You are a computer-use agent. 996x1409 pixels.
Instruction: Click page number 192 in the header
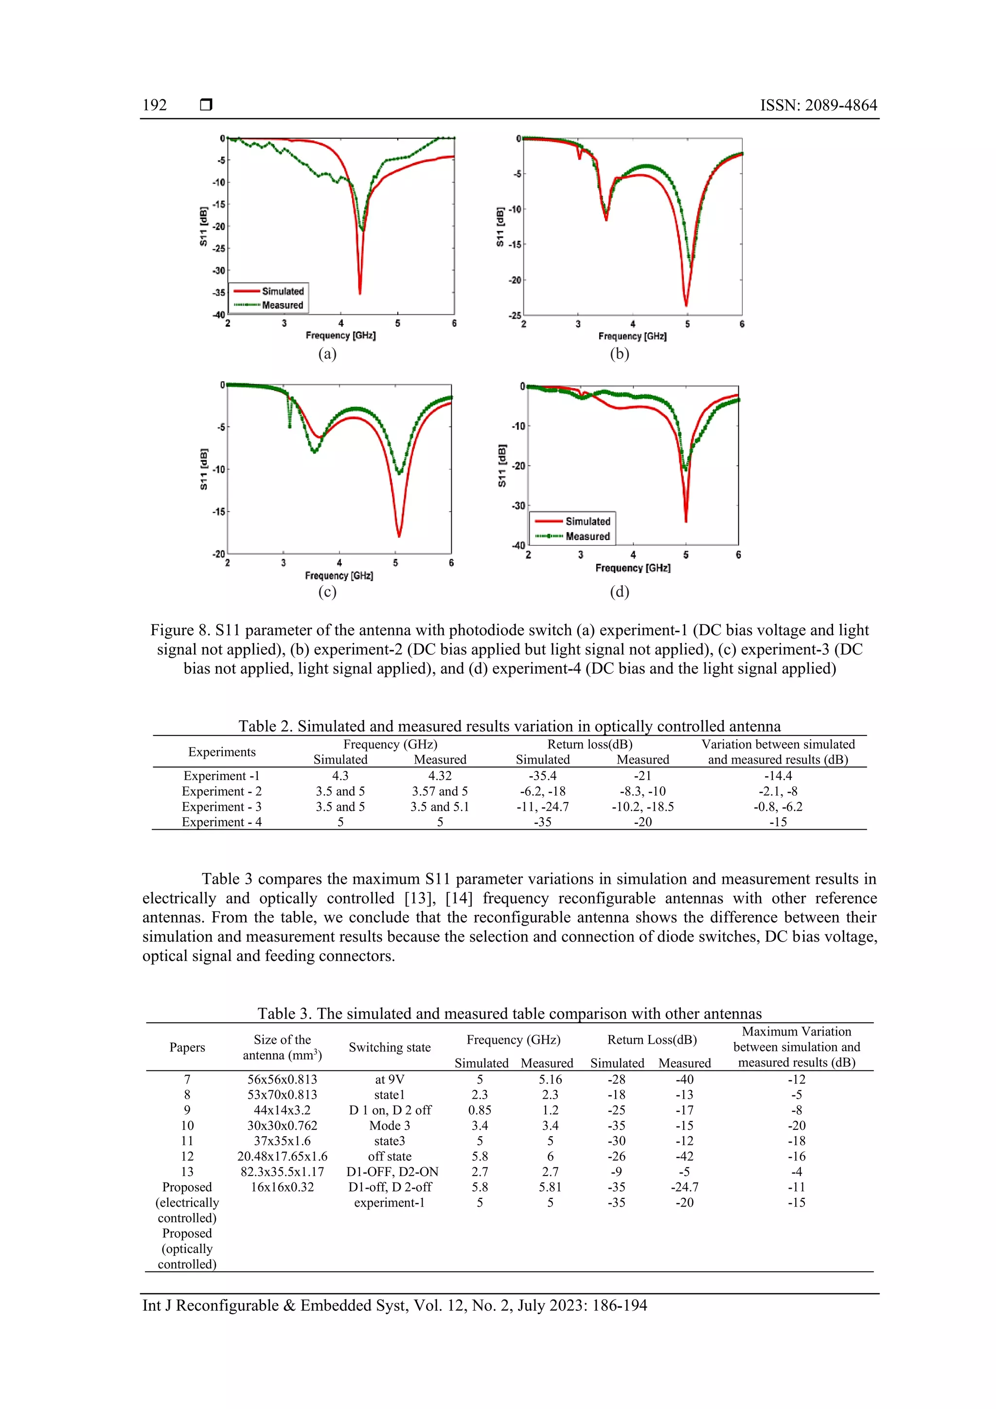155,105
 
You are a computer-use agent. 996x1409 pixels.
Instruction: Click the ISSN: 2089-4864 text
818,105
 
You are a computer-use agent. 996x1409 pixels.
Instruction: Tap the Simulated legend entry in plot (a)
282,291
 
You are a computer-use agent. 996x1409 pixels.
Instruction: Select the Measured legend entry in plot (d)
587,536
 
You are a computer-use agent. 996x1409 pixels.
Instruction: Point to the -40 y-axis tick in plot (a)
219,315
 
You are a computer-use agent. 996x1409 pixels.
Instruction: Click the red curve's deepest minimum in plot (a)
359,293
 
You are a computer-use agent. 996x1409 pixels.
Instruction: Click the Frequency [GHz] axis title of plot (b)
632,336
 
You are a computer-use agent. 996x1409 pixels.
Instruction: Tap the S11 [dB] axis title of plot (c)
204,469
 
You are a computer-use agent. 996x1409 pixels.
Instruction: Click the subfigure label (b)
619,354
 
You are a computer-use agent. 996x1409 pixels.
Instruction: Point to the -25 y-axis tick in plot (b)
514,316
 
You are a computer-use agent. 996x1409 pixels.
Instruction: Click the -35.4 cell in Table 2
542,776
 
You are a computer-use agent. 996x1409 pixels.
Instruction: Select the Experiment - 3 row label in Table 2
222,806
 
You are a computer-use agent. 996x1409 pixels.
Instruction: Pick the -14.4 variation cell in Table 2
778,776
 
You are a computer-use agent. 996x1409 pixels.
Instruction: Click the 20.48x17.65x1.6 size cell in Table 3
282,1156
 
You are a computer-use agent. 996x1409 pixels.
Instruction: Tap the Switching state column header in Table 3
390,1047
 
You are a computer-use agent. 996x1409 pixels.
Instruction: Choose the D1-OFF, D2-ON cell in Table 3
390,1172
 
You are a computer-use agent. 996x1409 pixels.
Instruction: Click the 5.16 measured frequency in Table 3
550,1079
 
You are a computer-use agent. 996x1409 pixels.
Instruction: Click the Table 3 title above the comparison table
509,1013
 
